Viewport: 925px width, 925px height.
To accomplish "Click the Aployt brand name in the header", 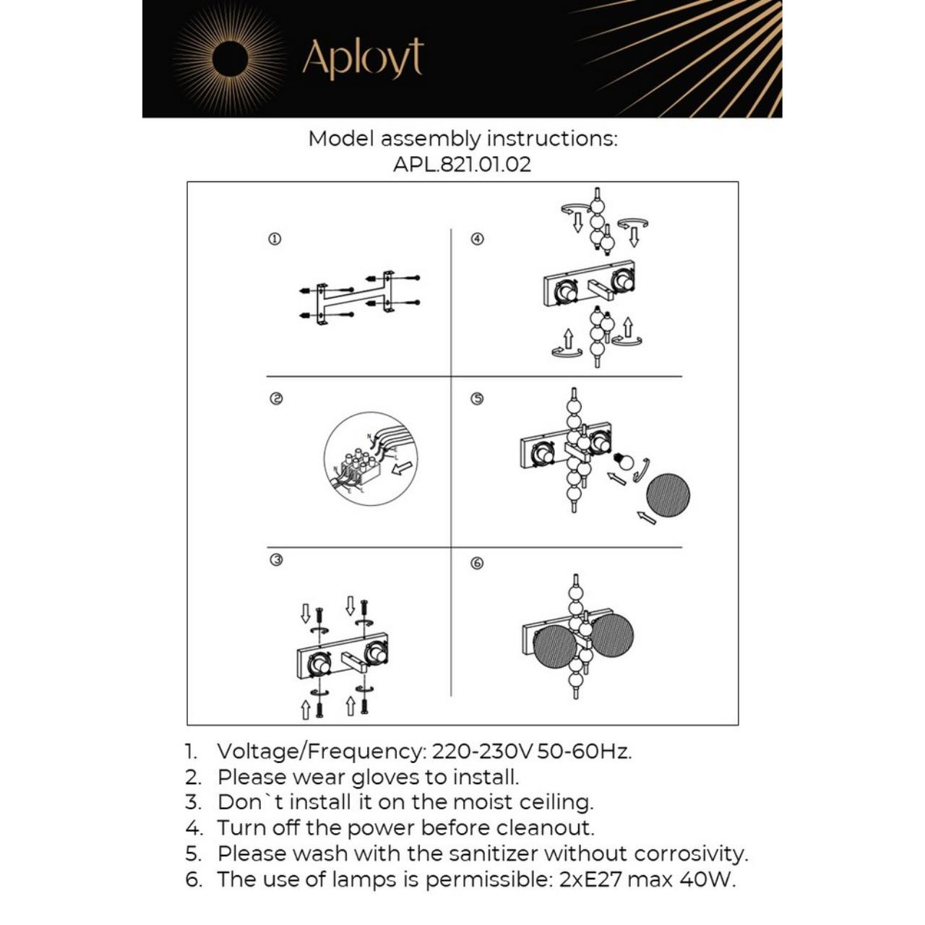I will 363,59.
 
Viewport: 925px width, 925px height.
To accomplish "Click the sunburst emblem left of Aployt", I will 231,59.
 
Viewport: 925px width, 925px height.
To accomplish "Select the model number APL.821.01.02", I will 462,165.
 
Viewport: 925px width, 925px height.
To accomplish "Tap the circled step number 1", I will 275,239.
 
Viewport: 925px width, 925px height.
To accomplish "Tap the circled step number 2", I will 276,399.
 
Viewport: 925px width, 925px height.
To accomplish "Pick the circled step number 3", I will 276,560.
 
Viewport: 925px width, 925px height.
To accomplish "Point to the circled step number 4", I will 477,239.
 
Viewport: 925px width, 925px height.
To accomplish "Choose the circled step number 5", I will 477,399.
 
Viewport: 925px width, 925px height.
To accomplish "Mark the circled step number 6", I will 477,563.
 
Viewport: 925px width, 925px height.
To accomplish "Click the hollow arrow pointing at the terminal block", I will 402,468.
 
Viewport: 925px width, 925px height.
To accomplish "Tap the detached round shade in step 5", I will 667,496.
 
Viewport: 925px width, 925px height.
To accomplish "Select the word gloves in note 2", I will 385,778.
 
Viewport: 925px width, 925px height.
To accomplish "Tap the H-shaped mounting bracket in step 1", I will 355,296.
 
